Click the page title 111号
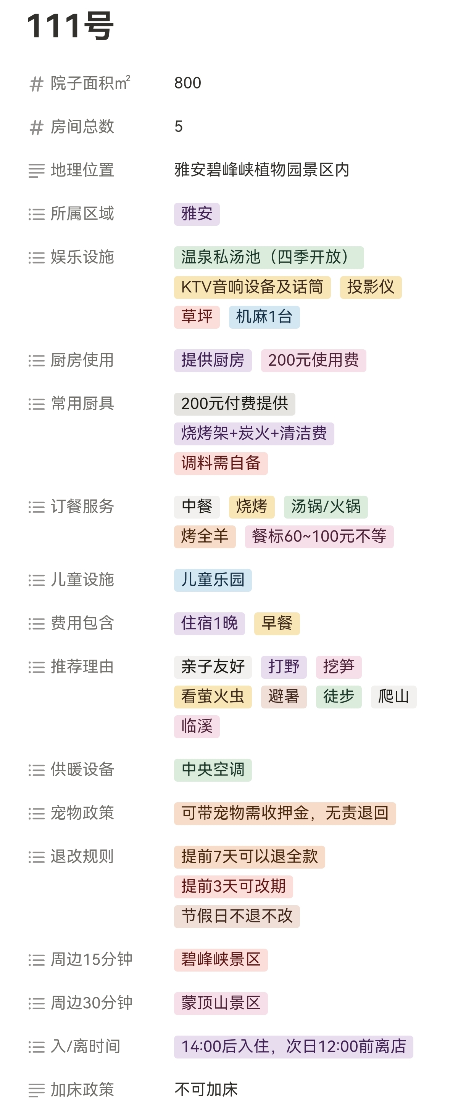[70, 26]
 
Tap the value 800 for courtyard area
[187, 83]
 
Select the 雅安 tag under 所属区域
[197, 214]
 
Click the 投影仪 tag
[371, 287]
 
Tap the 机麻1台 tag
[264, 317]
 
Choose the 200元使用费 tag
[313, 360]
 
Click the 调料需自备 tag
[221, 463]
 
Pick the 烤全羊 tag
[205, 536]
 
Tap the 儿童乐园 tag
[213, 580]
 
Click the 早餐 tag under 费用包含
[277, 623]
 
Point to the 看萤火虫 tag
[213, 697]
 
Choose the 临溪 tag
[197, 726]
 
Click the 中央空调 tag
[213, 770]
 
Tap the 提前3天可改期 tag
[233, 886]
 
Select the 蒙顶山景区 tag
[221, 1003]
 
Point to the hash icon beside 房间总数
[37, 127]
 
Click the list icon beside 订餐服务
[37, 508]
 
